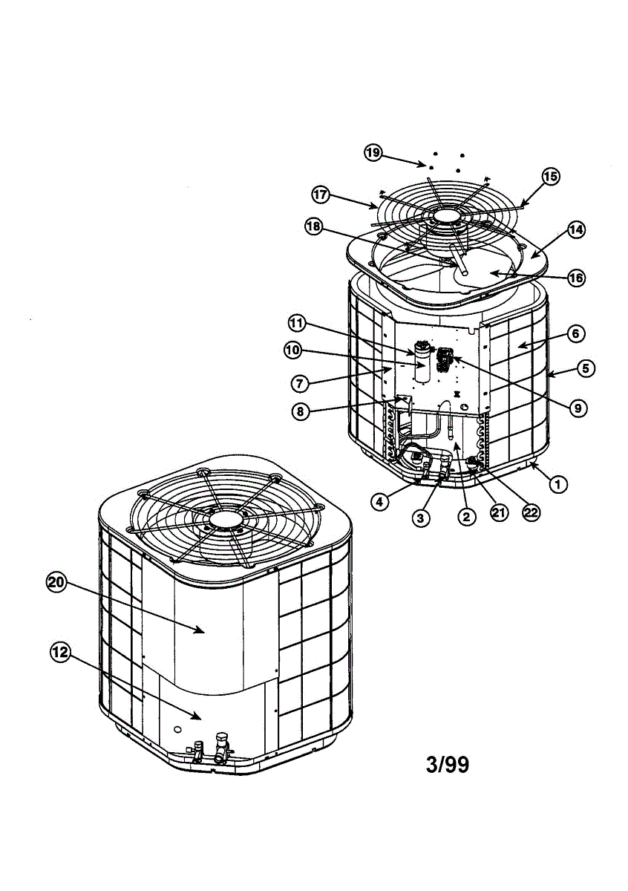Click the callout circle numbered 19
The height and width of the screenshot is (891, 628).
click(x=373, y=153)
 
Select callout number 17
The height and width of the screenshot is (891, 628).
click(x=320, y=195)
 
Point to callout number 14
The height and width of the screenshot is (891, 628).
click(x=576, y=230)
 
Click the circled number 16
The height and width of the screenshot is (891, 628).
click(x=576, y=278)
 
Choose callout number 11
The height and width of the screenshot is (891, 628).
click(x=297, y=323)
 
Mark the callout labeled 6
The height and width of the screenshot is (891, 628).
click(x=575, y=334)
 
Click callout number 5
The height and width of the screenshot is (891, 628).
click(x=586, y=367)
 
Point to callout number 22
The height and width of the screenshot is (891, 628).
click(x=531, y=512)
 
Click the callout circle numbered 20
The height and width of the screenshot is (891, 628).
click(x=56, y=583)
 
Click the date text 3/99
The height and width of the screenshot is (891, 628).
click(x=448, y=764)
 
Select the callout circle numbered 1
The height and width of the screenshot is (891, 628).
click(x=557, y=483)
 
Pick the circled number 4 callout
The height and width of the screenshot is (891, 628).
click(x=379, y=501)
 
